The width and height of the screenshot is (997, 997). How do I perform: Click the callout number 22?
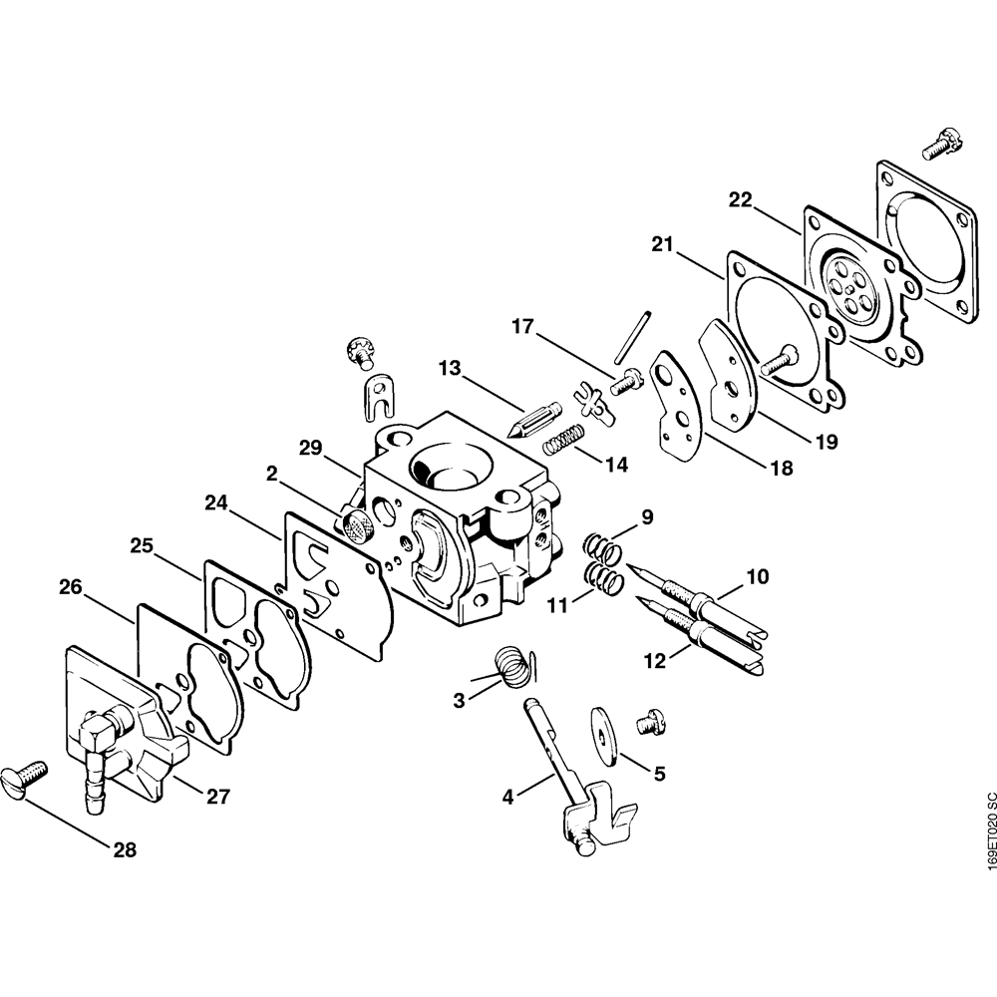tap(739, 200)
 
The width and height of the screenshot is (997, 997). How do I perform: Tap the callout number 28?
tap(125, 849)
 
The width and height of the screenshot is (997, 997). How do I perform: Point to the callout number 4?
tap(508, 797)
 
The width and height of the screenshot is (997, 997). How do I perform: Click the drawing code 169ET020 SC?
tap(987, 832)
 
